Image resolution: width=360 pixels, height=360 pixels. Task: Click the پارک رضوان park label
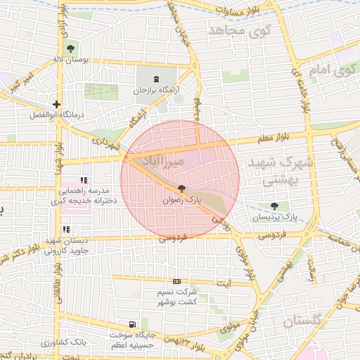(x=182, y=200)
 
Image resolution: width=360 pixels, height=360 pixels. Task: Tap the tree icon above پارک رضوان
(x=182, y=188)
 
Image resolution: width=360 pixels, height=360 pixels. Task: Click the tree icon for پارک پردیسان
(x=274, y=206)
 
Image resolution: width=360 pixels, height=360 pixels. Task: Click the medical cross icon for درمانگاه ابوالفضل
(x=56, y=104)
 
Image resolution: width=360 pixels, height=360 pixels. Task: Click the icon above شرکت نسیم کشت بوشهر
(x=176, y=281)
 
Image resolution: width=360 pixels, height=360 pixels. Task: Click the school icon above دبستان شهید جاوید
(x=66, y=229)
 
